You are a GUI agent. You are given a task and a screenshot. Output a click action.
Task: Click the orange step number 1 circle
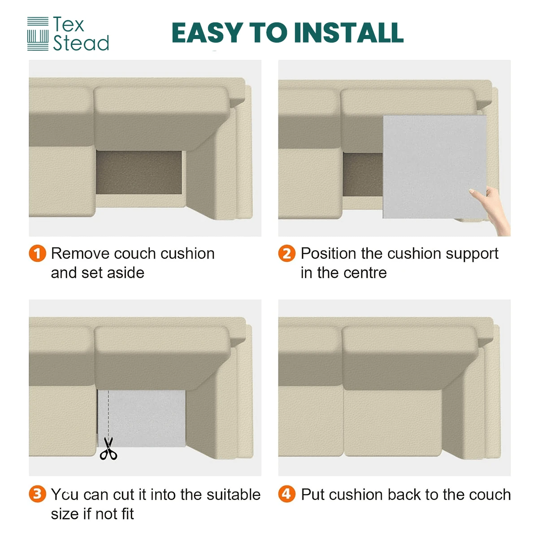click(37, 253)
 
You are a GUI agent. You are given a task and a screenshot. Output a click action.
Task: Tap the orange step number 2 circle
click(287, 253)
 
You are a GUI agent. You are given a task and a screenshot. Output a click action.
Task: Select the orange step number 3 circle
click(37, 494)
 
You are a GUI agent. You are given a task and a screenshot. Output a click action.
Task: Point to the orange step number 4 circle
click(287, 494)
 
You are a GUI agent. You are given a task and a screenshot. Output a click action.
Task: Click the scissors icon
click(108, 449)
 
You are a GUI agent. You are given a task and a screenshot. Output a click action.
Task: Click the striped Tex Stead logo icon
click(38, 34)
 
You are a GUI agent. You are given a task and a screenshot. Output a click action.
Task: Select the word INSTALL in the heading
click(349, 33)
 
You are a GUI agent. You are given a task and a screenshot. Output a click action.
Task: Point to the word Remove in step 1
click(80, 253)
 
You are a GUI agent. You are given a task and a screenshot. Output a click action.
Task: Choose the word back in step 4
click(404, 495)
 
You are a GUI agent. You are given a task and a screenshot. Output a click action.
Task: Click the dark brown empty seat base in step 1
click(139, 173)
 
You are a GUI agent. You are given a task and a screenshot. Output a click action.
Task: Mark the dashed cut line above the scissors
click(108, 413)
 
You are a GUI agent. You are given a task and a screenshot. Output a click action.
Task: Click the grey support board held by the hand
click(434, 167)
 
